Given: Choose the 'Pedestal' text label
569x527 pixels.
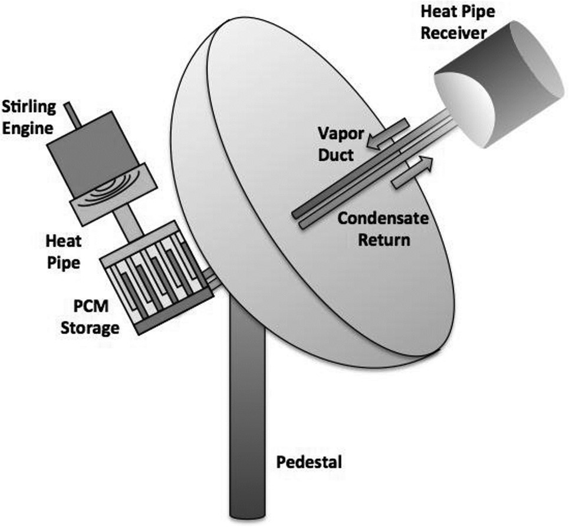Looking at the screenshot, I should click(308, 462).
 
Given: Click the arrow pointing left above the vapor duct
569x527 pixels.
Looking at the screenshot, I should click(386, 133).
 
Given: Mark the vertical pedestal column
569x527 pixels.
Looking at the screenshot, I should click(248, 412).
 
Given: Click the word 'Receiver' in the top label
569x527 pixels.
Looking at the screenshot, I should click(459, 32).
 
